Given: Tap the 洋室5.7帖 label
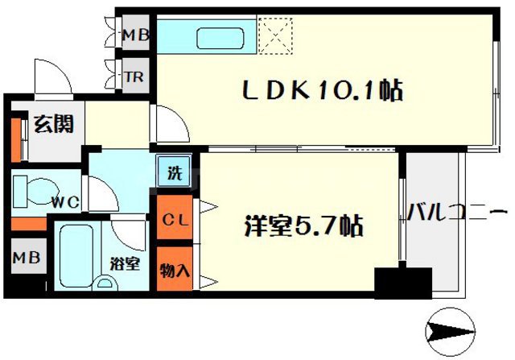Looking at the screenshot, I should click(x=303, y=225).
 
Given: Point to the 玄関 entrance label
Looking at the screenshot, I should click(x=54, y=125).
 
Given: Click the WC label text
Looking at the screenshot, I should click(x=64, y=202).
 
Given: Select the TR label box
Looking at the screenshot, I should click(x=133, y=78).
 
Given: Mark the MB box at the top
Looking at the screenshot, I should click(x=133, y=35).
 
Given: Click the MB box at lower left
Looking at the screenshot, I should click(x=24, y=259).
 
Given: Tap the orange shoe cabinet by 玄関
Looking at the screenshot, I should click(x=16, y=138).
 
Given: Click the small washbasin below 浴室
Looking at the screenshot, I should click(x=105, y=283).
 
